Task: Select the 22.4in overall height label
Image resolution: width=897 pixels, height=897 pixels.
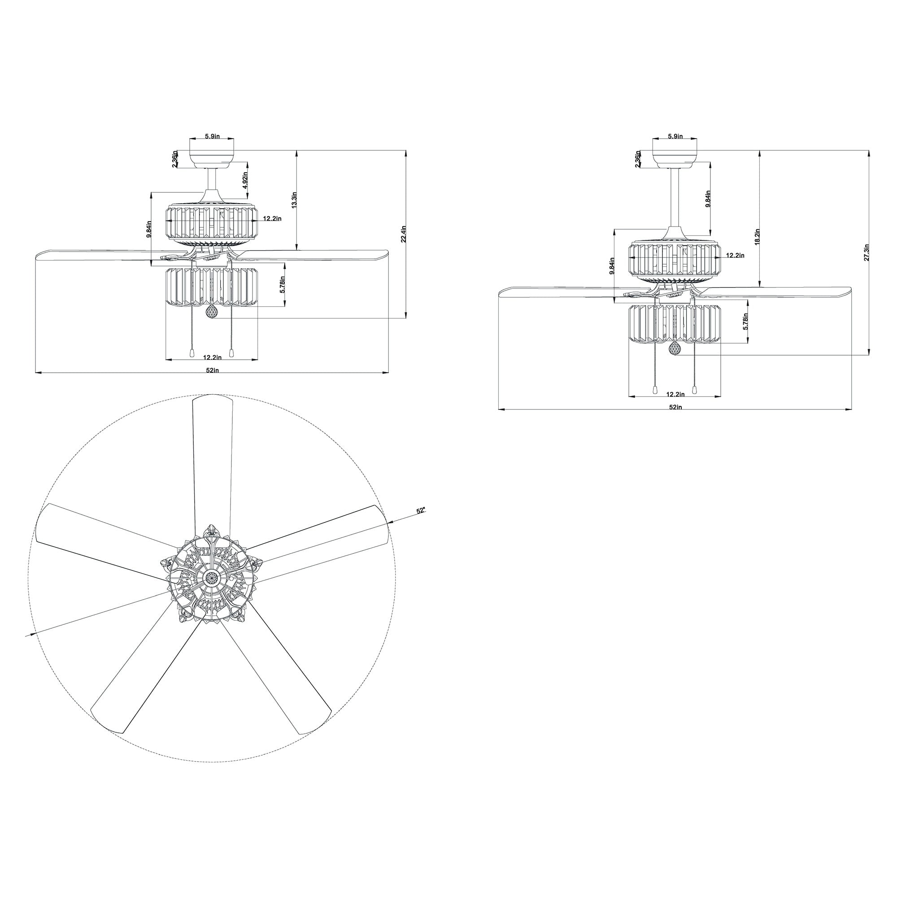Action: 404,234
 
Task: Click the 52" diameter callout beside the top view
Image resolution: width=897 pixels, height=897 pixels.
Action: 421,511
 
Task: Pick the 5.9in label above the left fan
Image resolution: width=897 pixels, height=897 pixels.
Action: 212,136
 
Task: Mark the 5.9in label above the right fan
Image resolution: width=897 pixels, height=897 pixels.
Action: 675,136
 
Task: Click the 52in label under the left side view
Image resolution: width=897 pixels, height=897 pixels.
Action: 212,370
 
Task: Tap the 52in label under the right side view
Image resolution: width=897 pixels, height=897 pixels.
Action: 675,407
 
